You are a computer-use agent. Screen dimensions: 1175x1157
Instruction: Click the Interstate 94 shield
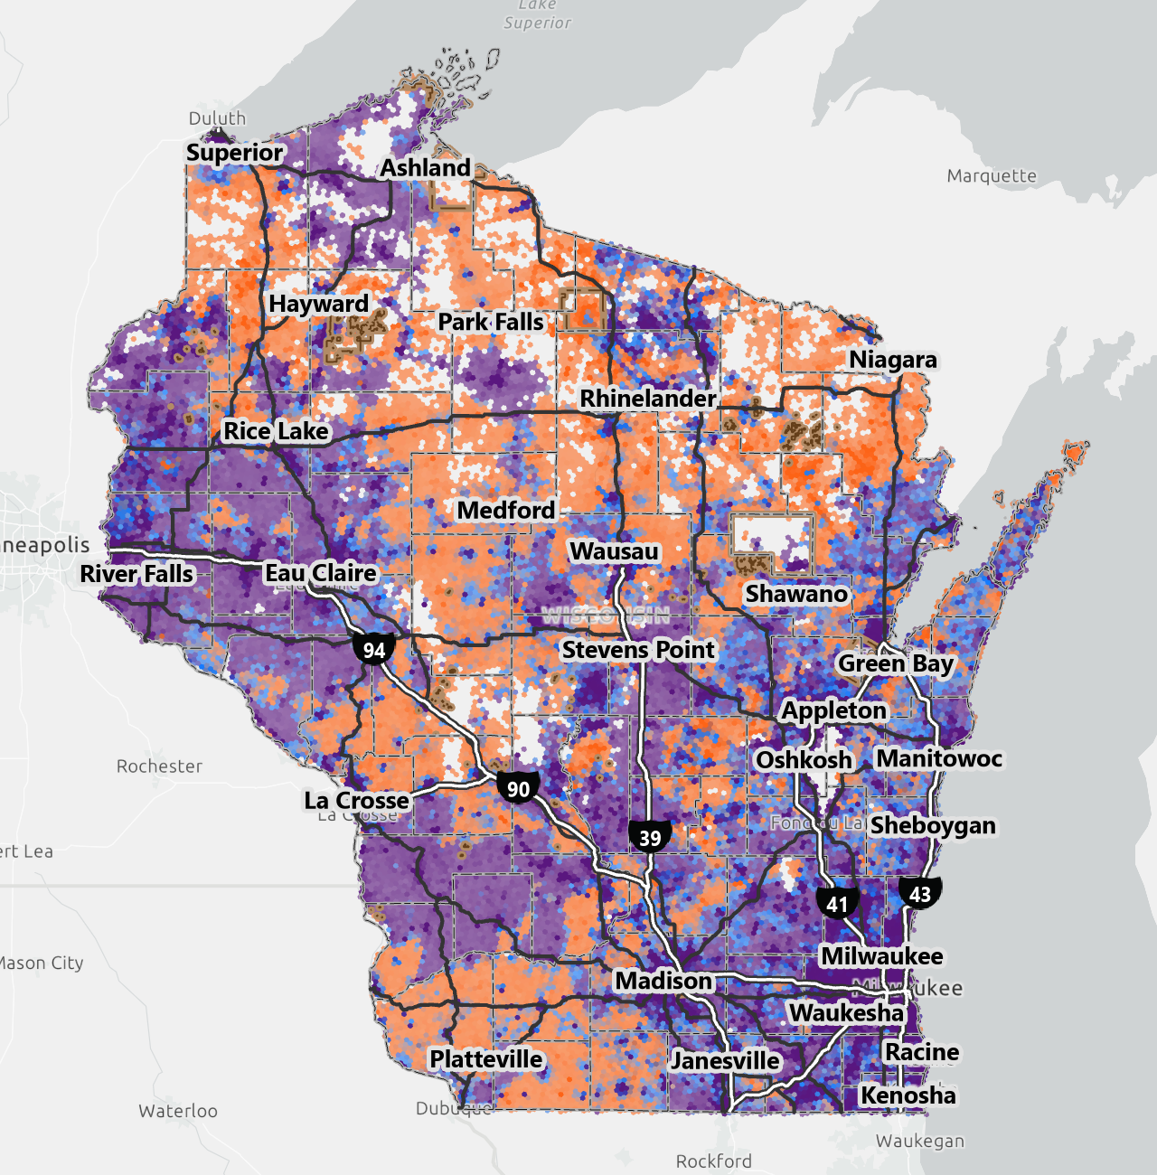coord(374,649)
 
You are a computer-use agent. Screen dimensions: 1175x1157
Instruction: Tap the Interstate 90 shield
coord(518,788)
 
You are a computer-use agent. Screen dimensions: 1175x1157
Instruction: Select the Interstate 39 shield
coord(650,837)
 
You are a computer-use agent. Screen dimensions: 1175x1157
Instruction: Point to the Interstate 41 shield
coord(837,903)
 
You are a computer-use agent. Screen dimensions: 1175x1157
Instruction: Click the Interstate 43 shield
coord(920,894)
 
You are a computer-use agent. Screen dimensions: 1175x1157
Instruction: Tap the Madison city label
coord(663,981)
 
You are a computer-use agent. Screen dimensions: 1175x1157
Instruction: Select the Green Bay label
coord(895,663)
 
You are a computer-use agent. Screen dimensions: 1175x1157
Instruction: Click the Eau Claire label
coord(320,573)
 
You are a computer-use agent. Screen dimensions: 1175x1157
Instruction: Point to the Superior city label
coord(235,153)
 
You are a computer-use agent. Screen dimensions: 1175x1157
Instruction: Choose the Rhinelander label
coord(647,399)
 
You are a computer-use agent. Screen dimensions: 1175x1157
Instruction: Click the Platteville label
coord(486,1059)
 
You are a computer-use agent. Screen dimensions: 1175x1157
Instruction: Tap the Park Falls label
coord(491,322)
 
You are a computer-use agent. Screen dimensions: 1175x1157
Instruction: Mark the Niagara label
coord(892,360)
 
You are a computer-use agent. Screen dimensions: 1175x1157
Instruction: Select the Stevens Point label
coord(638,650)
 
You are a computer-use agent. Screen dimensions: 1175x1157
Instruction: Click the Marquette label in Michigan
coord(992,176)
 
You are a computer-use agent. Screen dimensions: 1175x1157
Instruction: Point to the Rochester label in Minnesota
coord(159,766)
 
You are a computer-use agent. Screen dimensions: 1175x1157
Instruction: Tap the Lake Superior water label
coord(538,14)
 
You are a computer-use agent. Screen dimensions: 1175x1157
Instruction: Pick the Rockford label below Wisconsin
coord(713,1161)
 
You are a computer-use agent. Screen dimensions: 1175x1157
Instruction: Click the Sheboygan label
coord(933,825)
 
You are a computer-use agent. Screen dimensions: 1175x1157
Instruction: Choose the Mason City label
coord(41,963)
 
